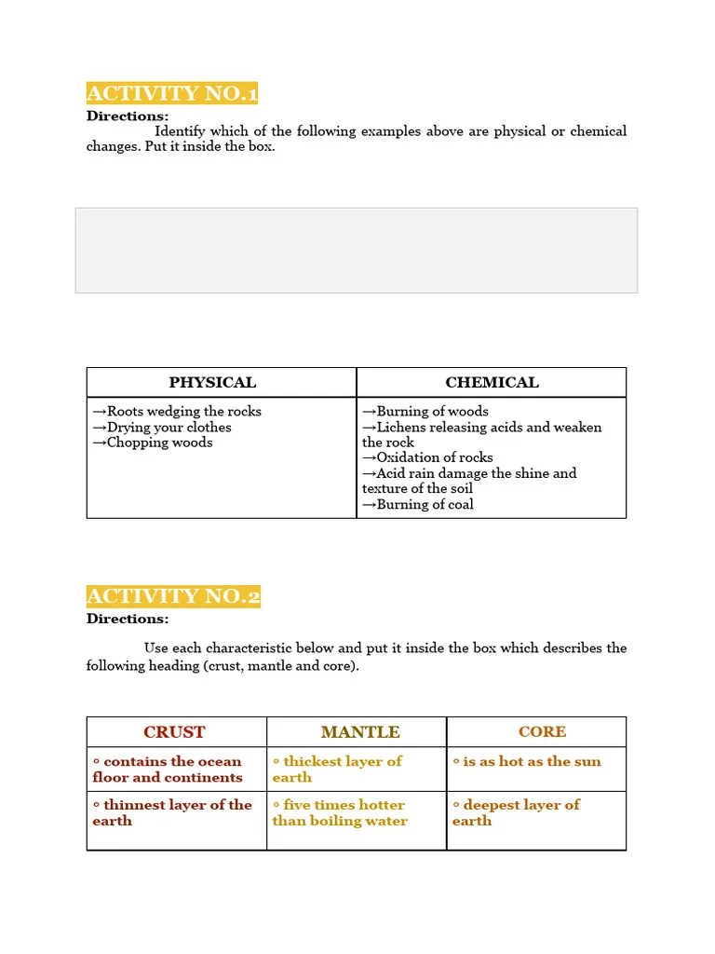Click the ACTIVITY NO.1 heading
(x=172, y=93)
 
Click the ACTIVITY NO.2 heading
(x=173, y=596)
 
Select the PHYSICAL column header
(x=212, y=382)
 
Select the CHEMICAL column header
(x=492, y=382)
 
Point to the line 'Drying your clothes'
(x=162, y=428)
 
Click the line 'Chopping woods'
(x=153, y=443)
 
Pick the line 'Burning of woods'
(x=425, y=412)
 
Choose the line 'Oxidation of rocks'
(x=428, y=457)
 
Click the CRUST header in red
(x=174, y=732)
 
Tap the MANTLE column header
(x=360, y=732)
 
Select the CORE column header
(x=542, y=732)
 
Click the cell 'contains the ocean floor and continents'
(x=168, y=770)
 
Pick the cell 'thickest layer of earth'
(x=337, y=770)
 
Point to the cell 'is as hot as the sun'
(x=527, y=762)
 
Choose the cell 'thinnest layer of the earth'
(x=172, y=812)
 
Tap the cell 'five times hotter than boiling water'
(x=340, y=812)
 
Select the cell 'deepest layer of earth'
(x=516, y=812)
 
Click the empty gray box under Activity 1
(x=357, y=251)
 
